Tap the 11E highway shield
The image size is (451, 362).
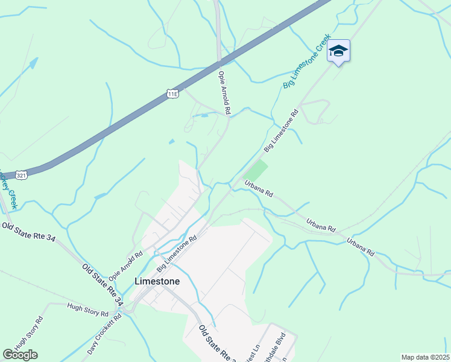point(172,94)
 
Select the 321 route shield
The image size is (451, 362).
point(21,175)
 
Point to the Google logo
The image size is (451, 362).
point(20,355)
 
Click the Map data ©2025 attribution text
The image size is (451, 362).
point(424,357)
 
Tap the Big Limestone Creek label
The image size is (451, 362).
point(307,62)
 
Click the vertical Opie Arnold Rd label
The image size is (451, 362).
point(224,93)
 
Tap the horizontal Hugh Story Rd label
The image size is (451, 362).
point(87,310)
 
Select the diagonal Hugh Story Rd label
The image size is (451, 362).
point(30,334)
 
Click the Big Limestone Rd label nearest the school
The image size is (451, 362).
point(282,131)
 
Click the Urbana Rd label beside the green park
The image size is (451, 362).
point(259,188)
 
